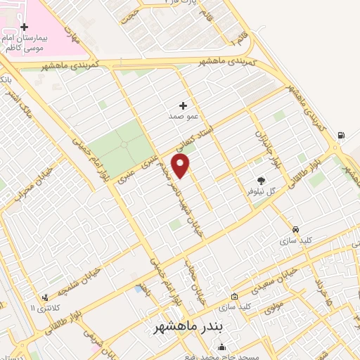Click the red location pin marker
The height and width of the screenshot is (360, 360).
pyautogui.click(x=181, y=166)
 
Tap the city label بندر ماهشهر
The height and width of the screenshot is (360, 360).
pyautogui.click(x=187, y=328)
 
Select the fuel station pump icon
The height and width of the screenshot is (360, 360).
pyautogui.click(x=341, y=136)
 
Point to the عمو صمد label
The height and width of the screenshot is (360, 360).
pyautogui.click(x=181, y=116)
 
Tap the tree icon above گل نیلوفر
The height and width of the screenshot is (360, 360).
pyautogui.click(x=261, y=181)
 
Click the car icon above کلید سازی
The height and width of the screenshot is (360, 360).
pyautogui.click(x=296, y=229)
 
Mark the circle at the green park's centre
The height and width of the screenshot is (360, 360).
pyautogui.click(x=124, y=144)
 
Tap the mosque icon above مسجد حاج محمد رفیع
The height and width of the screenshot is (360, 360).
pyautogui.click(x=222, y=347)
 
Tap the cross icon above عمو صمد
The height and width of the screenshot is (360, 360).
pyautogui.click(x=183, y=105)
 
